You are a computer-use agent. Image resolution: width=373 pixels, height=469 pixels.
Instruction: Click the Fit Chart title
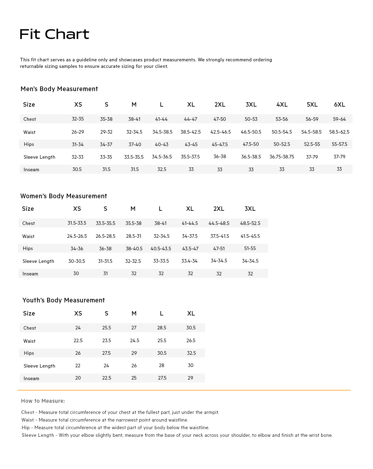[54, 34]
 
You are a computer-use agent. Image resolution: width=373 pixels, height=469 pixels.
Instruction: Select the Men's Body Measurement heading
[59, 89]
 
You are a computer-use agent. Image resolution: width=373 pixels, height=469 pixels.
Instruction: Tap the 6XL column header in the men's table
[339, 104]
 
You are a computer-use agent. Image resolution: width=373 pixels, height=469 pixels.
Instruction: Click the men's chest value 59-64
[339, 119]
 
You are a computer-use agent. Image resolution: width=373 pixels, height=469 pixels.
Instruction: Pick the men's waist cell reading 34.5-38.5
[162, 132]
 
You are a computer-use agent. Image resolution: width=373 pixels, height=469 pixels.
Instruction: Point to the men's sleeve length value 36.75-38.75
[282, 157]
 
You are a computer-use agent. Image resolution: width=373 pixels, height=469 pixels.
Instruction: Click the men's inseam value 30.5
[77, 169]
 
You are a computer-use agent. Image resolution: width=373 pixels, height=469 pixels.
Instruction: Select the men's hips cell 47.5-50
[251, 144]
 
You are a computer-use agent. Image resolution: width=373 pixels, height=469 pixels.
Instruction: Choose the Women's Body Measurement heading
[63, 196]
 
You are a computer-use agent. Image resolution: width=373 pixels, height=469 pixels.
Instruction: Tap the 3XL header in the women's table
[250, 209]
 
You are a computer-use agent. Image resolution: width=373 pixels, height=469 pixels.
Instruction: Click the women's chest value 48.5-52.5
[250, 223]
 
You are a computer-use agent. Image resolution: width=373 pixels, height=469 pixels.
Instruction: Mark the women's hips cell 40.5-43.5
[161, 248]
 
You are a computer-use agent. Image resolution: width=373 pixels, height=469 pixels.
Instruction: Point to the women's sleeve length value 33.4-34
[189, 261]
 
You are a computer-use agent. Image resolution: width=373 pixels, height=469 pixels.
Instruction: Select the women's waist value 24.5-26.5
[77, 236]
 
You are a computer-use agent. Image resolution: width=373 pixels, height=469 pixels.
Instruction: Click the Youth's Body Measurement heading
[63, 300]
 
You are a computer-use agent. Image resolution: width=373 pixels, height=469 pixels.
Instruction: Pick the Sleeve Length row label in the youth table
[39, 366]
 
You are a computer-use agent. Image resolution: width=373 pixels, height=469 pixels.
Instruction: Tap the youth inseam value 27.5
[162, 378]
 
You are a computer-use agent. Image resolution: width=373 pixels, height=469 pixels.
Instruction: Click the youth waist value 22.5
[78, 341]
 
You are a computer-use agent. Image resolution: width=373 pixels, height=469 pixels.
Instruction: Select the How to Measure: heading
[43, 401]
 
